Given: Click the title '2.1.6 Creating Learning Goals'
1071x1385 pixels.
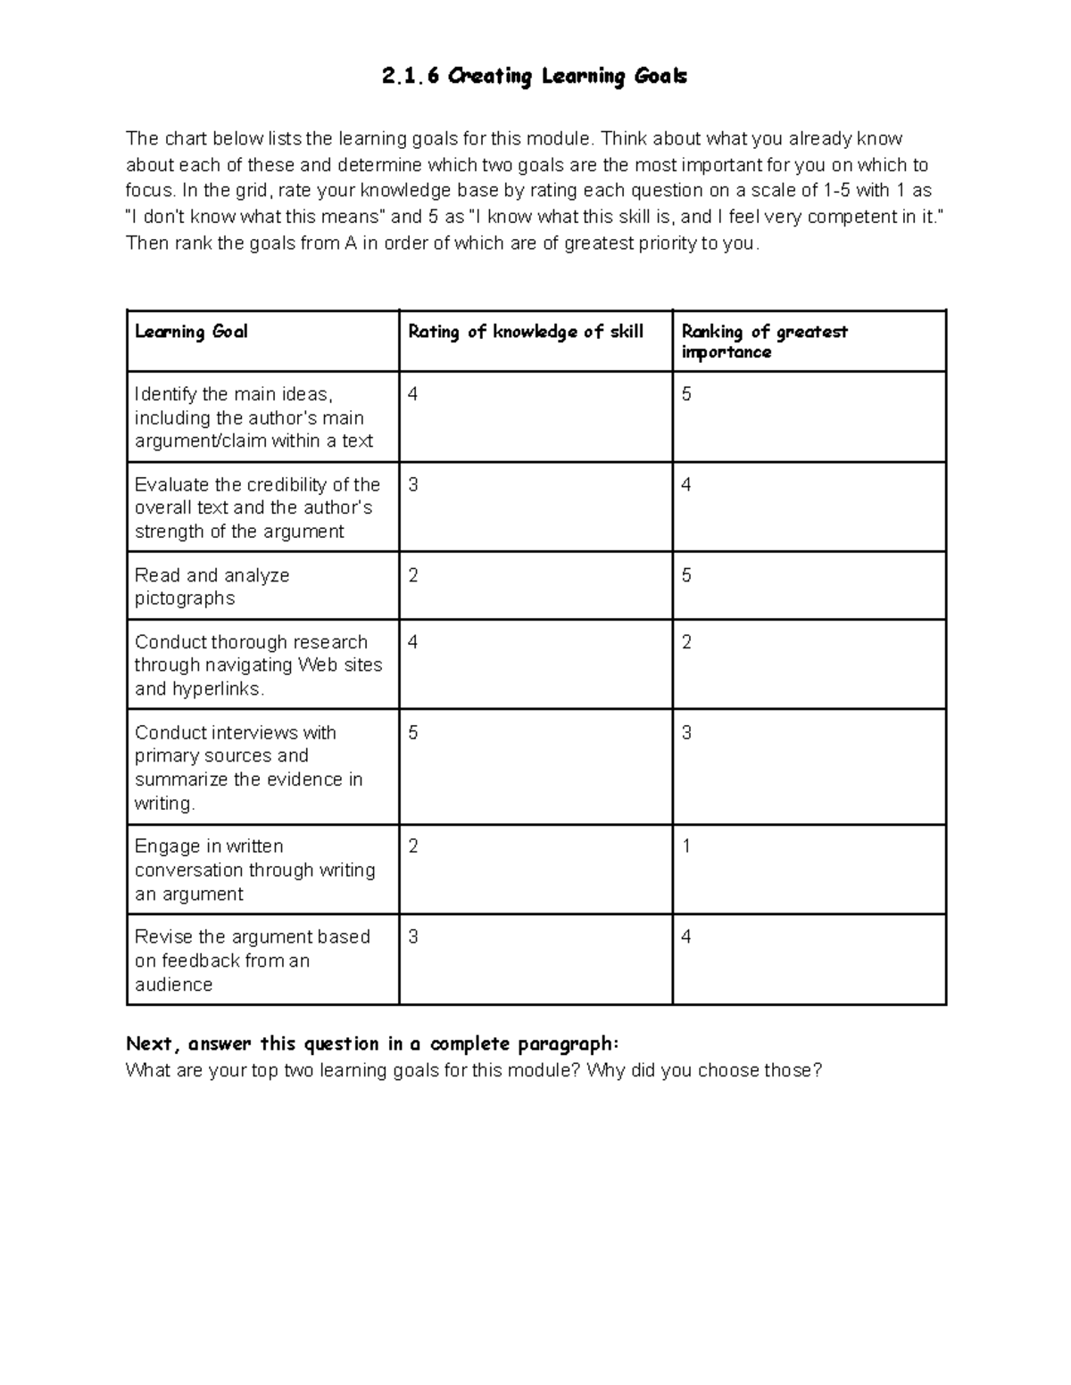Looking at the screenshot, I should (534, 77).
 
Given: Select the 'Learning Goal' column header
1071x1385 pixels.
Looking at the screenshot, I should (191, 332).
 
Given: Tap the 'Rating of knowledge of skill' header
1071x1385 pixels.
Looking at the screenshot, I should (526, 332).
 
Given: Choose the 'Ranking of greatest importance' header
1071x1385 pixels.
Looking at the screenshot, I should (764, 342).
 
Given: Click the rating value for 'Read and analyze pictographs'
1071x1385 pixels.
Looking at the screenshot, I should (413, 575).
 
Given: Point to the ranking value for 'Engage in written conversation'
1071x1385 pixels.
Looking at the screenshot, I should (686, 846).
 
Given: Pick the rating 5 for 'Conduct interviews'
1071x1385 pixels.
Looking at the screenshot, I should (413, 733).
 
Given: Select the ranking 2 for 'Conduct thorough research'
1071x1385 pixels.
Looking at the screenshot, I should (686, 642).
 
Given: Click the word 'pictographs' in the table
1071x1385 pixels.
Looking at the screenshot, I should (185, 598).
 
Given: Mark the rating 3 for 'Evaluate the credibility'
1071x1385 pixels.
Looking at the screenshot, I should (413, 485).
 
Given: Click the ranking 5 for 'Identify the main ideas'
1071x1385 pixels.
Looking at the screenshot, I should (686, 394).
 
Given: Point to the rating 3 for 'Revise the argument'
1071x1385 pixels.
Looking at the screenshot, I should (413, 936).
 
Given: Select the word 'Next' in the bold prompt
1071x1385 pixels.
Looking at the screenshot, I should (152, 1043).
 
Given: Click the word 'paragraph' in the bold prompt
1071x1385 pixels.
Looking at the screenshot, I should (573, 1044).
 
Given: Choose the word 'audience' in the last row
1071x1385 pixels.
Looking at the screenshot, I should (174, 985).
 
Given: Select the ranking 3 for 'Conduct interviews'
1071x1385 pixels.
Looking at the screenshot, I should (686, 733).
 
